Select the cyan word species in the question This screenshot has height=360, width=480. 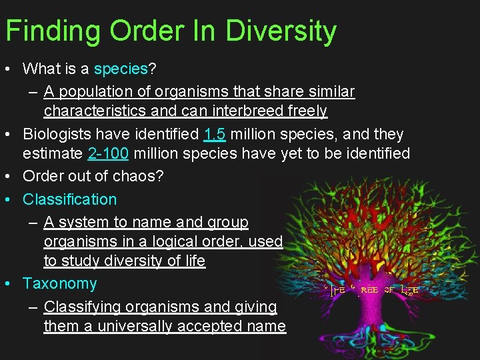tap(120, 69)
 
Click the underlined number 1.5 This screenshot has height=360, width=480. tap(215, 134)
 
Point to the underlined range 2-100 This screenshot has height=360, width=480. tap(108, 154)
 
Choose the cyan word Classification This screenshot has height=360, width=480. tap(69, 199)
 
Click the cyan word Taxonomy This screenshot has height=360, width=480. tap(59, 283)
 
